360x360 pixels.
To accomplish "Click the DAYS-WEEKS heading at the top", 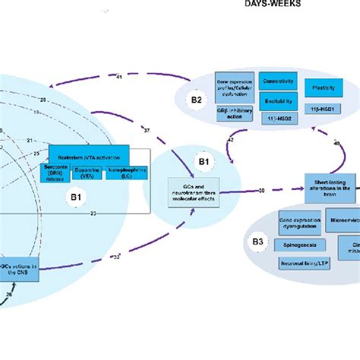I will (272, 4).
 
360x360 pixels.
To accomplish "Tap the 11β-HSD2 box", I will (278, 119).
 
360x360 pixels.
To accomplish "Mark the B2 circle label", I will (196, 99).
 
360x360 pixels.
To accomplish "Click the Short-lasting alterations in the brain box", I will (330, 185).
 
